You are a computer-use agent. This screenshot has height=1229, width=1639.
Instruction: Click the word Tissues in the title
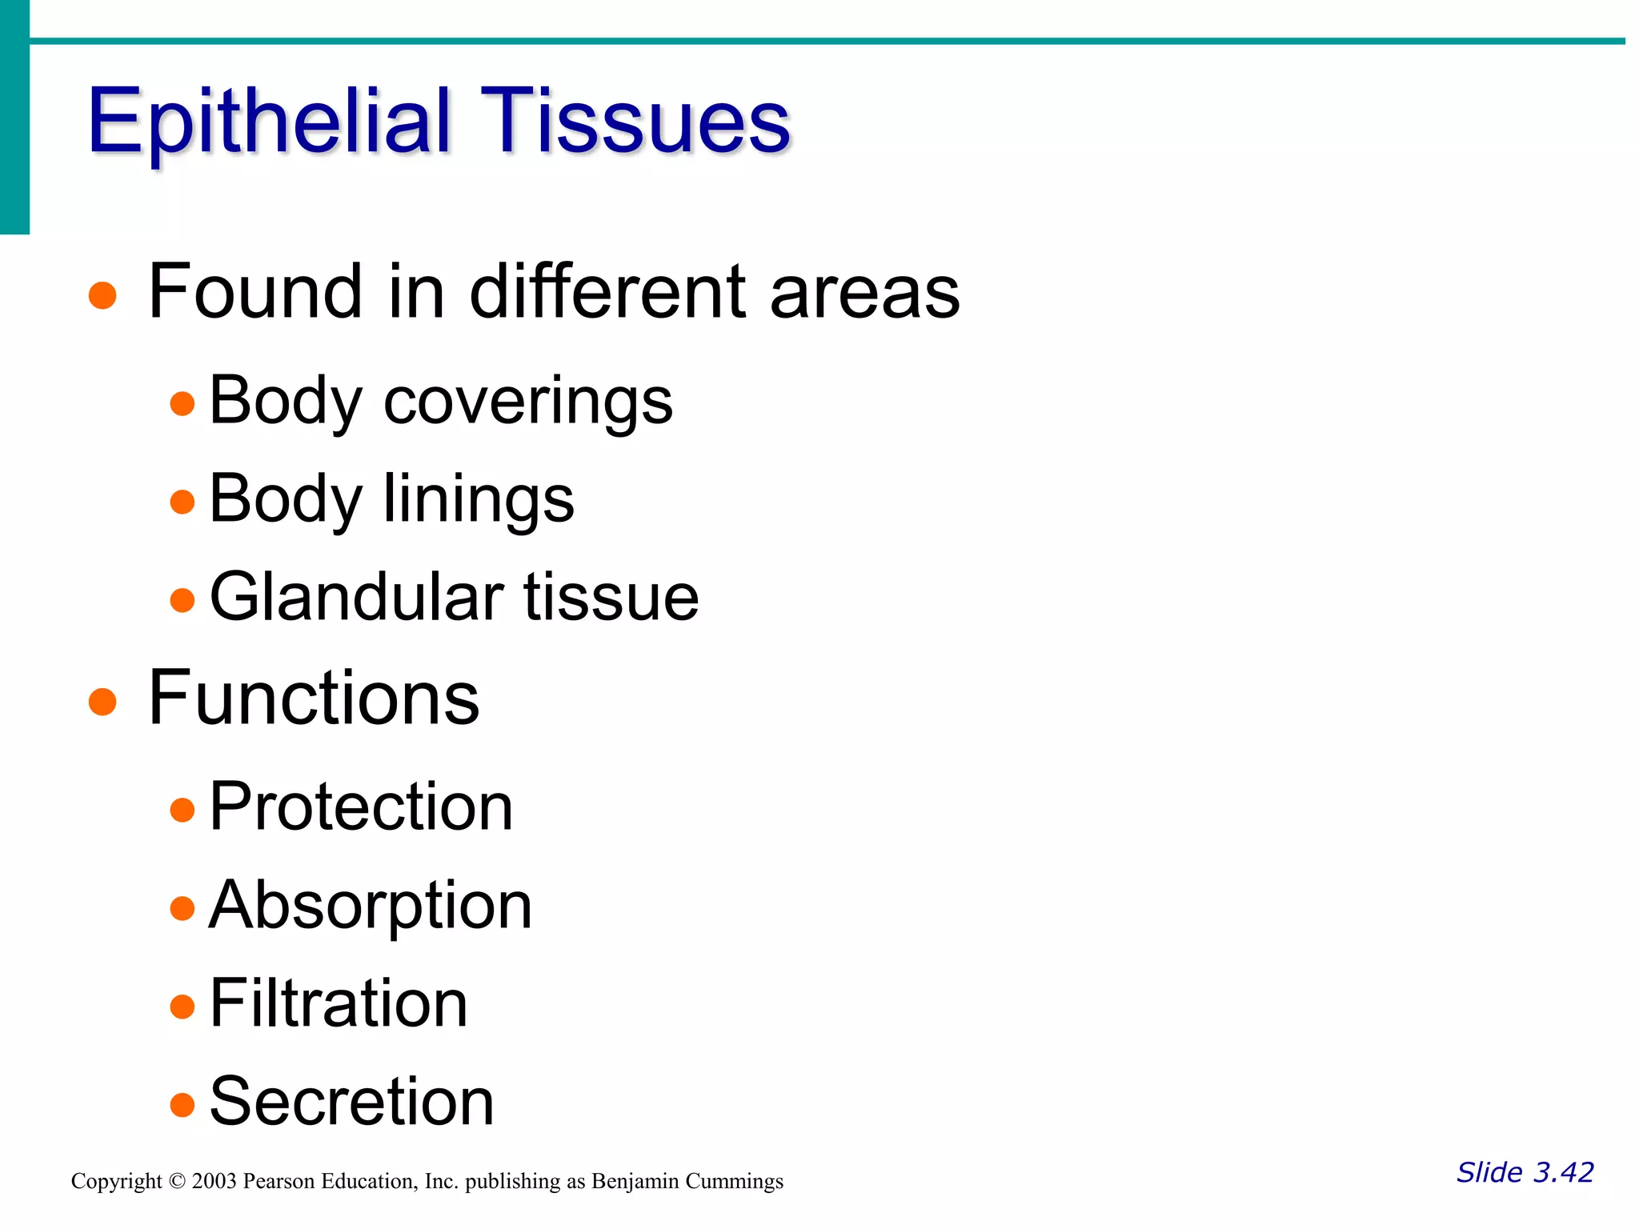point(635,122)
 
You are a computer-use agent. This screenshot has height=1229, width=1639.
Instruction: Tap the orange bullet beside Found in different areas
point(102,294)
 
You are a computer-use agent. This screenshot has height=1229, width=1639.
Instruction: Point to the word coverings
point(528,402)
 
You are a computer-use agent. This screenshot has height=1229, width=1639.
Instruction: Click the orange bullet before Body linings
point(182,502)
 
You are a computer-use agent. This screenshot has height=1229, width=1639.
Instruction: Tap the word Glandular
point(356,597)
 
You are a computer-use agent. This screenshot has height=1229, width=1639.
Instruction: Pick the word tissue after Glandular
point(611,597)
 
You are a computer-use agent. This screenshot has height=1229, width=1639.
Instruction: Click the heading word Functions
point(314,699)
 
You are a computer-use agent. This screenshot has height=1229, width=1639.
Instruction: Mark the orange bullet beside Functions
point(102,702)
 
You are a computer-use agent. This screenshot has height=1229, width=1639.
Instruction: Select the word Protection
point(361,807)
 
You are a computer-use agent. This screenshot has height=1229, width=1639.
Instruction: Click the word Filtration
point(339,1004)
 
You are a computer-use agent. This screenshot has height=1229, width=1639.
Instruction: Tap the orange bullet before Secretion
point(182,1105)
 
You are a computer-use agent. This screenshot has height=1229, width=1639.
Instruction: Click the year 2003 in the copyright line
point(214,1181)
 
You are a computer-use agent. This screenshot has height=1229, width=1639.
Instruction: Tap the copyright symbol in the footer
point(178,1181)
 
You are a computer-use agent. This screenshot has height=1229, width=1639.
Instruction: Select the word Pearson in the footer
point(279,1181)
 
